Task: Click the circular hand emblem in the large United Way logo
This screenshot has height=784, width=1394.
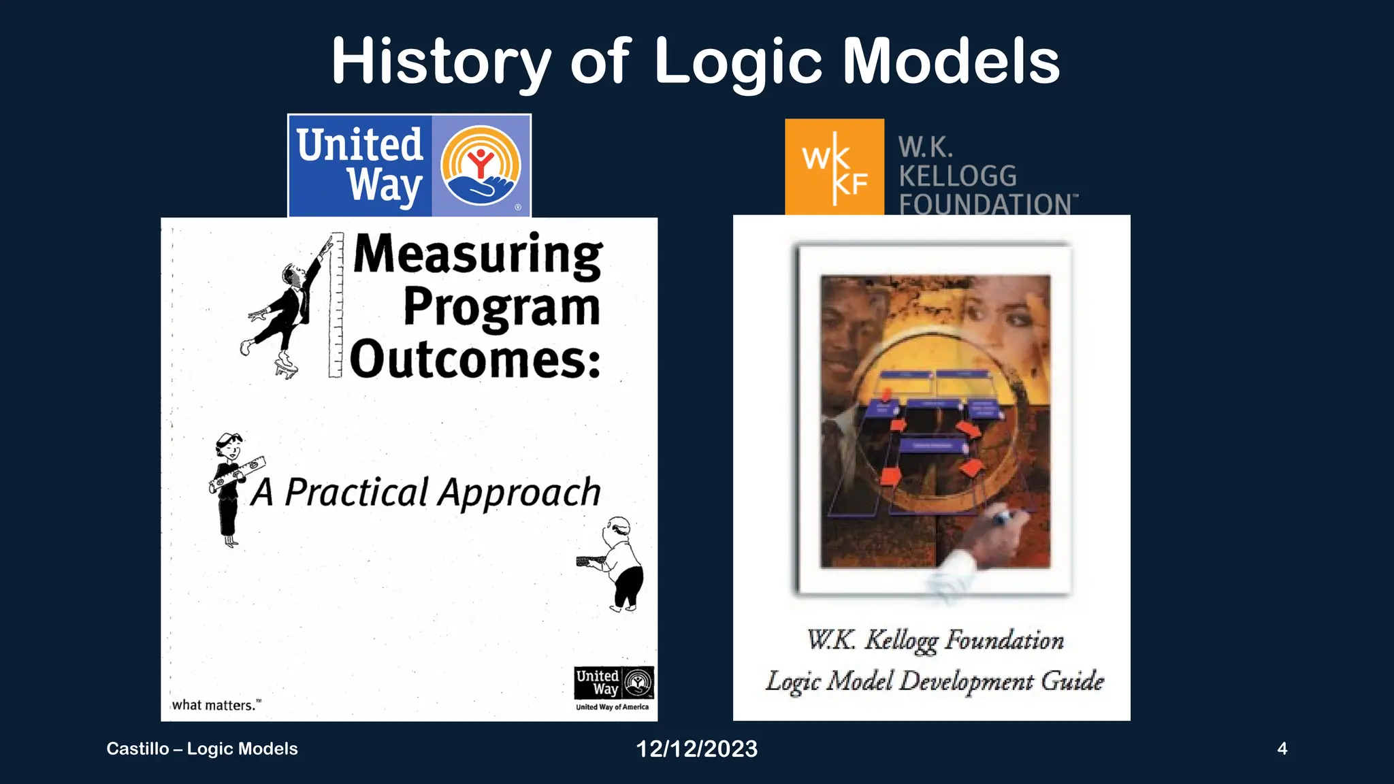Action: [481, 165]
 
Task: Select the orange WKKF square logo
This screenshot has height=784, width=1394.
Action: [834, 167]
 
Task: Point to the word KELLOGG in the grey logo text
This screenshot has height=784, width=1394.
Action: [957, 176]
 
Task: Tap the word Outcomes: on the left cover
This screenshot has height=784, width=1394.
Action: [475, 359]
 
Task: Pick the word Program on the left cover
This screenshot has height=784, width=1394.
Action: [502, 306]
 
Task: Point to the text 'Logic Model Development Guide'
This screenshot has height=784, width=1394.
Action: [934, 681]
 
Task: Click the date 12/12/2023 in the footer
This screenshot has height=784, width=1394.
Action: [696, 749]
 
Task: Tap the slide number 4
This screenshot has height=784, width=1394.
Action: [1282, 749]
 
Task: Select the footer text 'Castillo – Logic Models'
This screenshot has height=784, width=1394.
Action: [202, 749]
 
